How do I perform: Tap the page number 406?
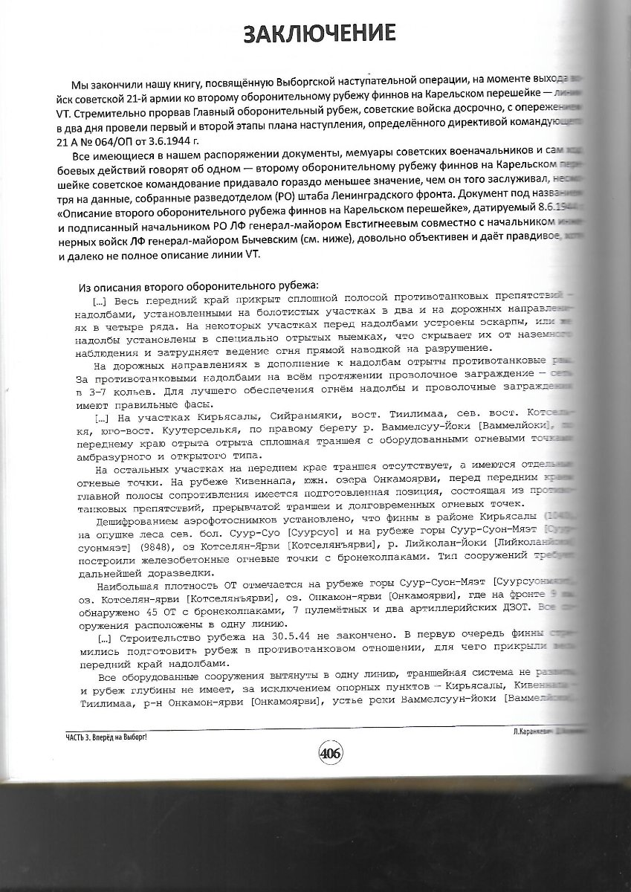(330, 753)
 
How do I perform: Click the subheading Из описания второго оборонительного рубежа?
(199, 286)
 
